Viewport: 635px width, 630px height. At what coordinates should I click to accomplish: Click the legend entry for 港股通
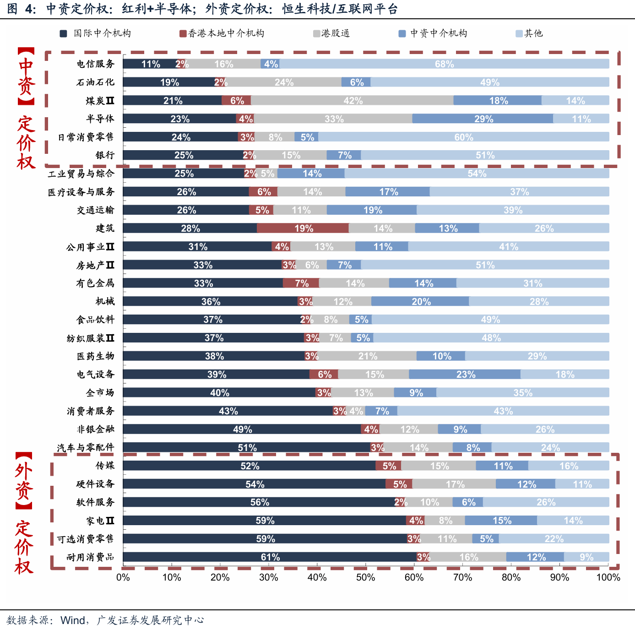pos(331,33)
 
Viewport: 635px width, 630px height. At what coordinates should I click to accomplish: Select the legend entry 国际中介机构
pos(95,33)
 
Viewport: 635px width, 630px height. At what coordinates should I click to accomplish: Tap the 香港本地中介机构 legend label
pos(222,33)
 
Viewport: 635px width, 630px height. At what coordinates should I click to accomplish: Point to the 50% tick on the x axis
pos(365,577)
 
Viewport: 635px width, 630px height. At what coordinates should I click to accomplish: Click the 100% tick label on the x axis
pos(608,577)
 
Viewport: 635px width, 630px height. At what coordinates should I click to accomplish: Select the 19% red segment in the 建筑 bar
pos(303,228)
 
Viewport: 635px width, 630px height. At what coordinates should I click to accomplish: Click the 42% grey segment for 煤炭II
pos(352,100)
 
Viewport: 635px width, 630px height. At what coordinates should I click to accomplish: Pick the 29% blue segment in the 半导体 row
pos(483,119)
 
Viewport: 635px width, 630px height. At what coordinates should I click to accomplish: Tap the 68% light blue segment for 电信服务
pos(444,64)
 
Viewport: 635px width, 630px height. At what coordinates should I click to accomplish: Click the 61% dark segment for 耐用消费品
pos(270,557)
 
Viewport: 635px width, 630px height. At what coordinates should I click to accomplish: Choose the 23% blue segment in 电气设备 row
pos(465,374)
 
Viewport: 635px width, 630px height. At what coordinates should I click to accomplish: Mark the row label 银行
pos(105,155)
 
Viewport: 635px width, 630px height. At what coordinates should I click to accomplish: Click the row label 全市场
pos(100,393)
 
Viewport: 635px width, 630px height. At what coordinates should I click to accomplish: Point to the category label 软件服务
pos(96,502)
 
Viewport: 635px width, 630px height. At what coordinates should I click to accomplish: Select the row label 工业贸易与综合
pos(81,174)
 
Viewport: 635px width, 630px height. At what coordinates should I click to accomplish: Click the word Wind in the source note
pos(73,620)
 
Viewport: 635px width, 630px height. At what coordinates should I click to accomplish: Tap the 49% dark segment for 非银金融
pos(242,429)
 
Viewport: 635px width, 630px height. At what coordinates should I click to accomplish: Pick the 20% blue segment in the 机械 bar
pos(420,301)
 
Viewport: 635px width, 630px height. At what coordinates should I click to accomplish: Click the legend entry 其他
pos(529,33)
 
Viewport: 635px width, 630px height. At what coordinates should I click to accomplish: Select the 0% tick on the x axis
pos(123,577)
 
